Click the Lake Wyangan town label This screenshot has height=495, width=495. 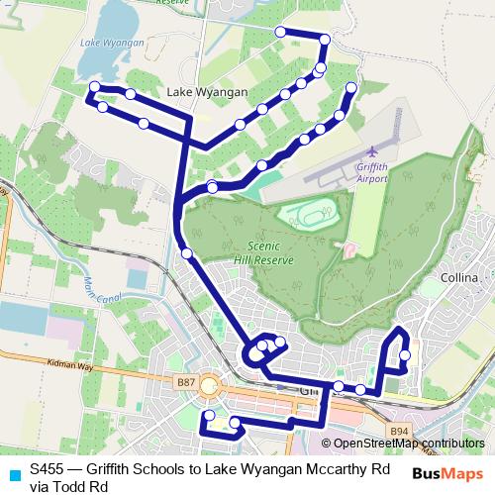click(208, 92)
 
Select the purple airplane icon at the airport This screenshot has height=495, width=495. click(372, 151)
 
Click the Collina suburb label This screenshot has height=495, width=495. click(460, 278)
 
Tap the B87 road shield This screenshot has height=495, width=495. click(185, 381)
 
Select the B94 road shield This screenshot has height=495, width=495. click(398, 431)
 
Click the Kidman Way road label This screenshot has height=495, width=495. click(68, 365)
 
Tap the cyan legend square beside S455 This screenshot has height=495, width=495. click(12, 472)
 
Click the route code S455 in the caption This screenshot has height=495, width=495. click(48, 469)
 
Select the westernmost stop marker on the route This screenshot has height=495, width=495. click(94, 88)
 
